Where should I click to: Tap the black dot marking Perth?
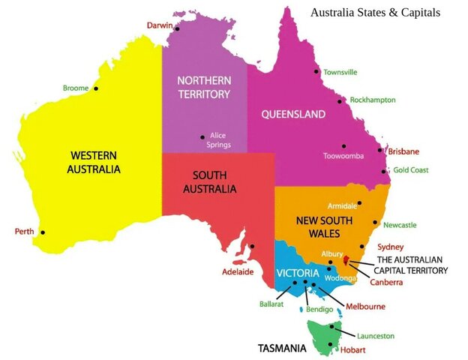pos(43,232)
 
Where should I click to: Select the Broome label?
pos(76,88)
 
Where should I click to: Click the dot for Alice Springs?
pos(202,136)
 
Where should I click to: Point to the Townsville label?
pos(340,73)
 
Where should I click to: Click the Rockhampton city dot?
pos(340,100)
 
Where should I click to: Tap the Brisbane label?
pos(403,151)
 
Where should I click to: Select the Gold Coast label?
pos(410,170)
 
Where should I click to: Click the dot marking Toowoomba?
pos(343,146)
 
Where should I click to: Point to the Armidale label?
pos(343,205)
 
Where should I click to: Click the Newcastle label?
pos(399,225)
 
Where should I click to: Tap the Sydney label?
pos(390,247)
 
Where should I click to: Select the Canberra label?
pos(387,282)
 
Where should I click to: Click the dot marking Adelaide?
pos(252,246)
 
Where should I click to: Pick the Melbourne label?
pos(365,306)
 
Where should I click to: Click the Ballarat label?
pos(271,305)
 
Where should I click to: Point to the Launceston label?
pos(375,336)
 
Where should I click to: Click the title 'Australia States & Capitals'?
pos(375,13)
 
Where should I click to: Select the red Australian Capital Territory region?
pos(346,262)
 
